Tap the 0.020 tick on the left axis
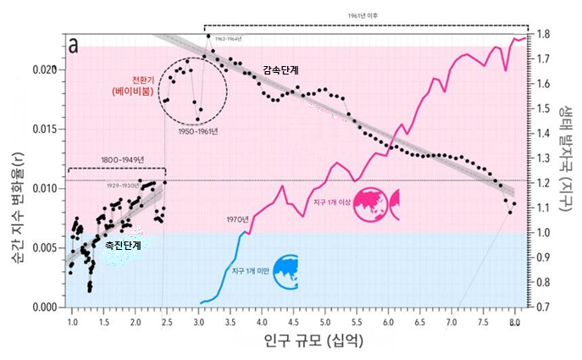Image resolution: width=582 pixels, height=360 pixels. pyautogui.click(x=43, y=69)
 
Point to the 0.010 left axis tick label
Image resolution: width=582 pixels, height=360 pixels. pyautogui.click(x=43, y=188)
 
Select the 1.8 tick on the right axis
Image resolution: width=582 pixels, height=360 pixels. pyautogui.click(x=543, y=34)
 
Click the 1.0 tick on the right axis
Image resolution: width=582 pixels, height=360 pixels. pyautogui.click(x=543, y=233)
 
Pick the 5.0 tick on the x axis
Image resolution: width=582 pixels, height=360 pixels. pyautogui.click(x=324, y=323)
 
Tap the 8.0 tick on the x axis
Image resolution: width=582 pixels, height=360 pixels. pyautogui.click(x=514, y=323)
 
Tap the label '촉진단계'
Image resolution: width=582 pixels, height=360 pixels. pyautogui.click(x=122, y=246)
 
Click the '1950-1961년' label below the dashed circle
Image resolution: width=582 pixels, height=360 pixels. pyautogui.click(x=196, y=131)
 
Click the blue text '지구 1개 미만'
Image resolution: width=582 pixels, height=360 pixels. pyautogui.click(x=250, y=270)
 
